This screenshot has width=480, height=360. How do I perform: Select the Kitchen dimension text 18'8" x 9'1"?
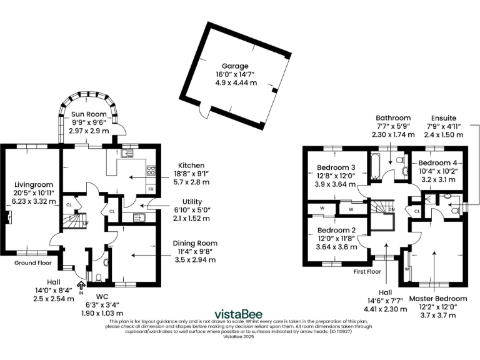[x=191, y=174]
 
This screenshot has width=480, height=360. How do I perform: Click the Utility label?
[x=187, y=202]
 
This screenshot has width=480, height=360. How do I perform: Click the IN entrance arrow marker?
[x=81, y=287]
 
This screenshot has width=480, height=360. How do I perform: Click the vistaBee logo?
[x=240, y=313]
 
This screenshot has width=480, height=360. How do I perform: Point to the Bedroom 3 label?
[x=336, y=167]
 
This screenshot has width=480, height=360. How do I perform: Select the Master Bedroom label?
[x=437, y=299]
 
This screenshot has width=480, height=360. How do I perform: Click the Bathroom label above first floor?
[x=393, y=117]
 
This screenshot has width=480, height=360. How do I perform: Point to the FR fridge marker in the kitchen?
[x=150, y=189]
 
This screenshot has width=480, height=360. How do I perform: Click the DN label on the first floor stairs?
[x=392, y=209]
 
